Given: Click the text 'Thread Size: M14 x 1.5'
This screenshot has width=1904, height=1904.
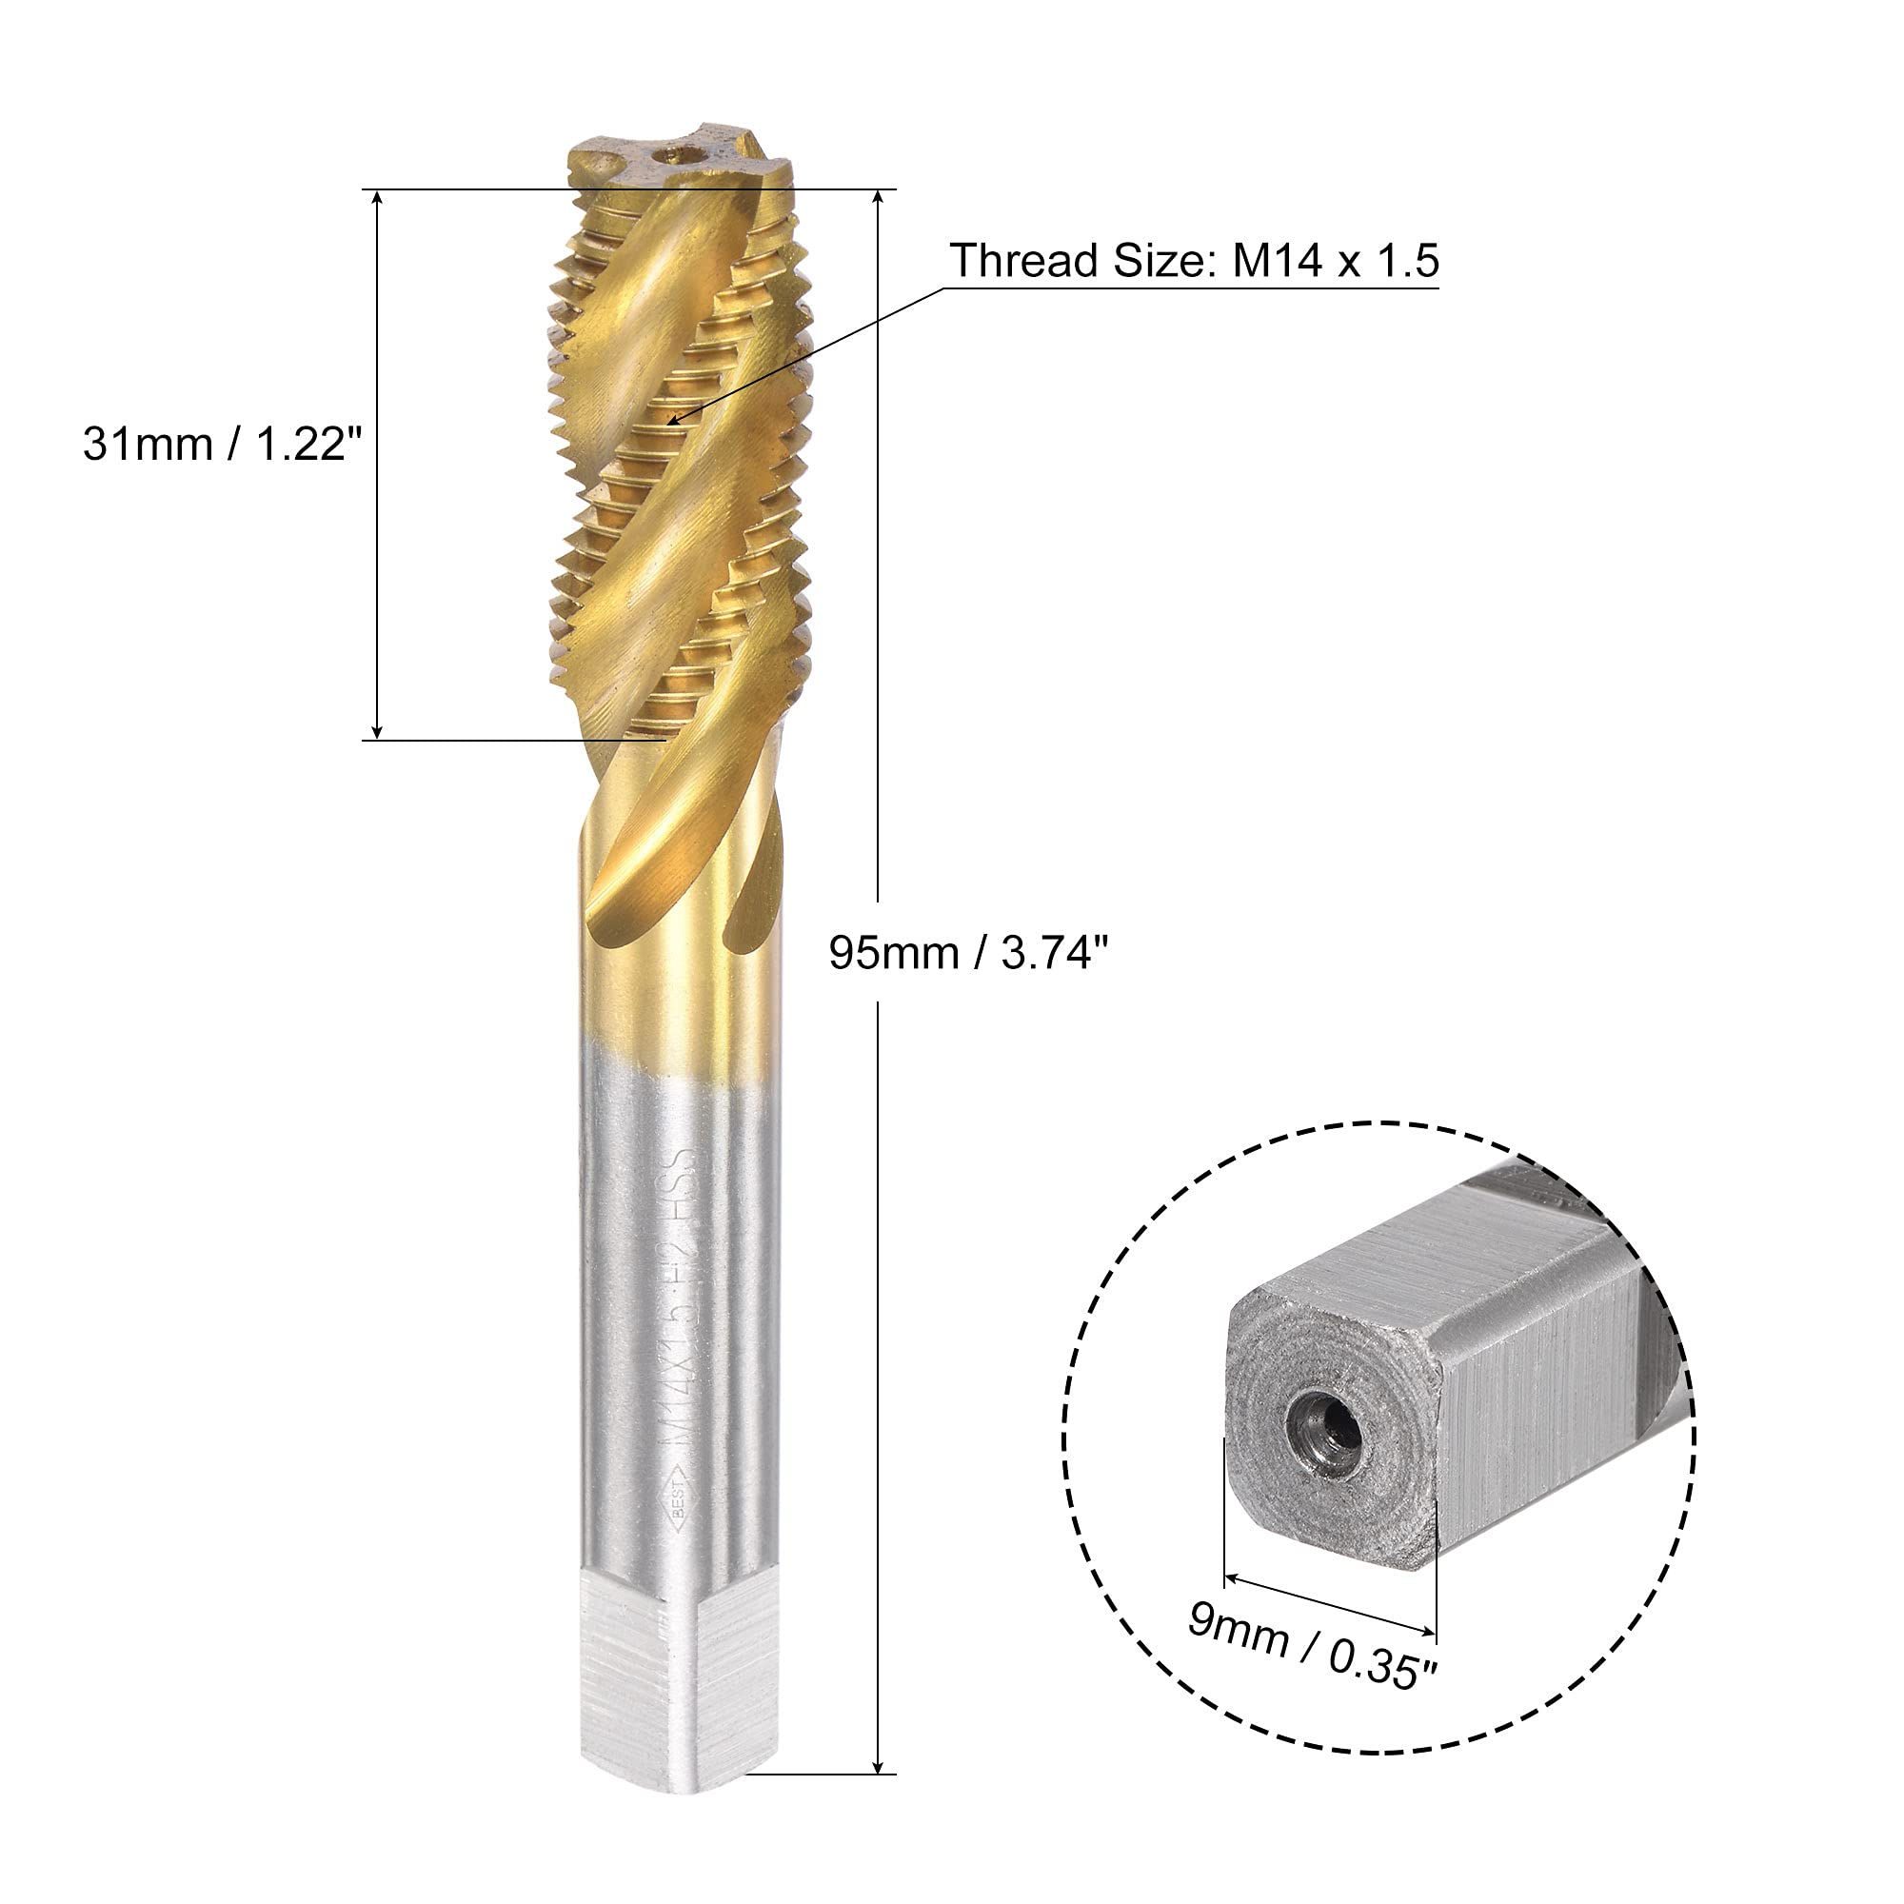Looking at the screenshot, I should [1194, 261].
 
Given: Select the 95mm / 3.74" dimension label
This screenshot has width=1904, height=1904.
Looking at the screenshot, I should [969, 953].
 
